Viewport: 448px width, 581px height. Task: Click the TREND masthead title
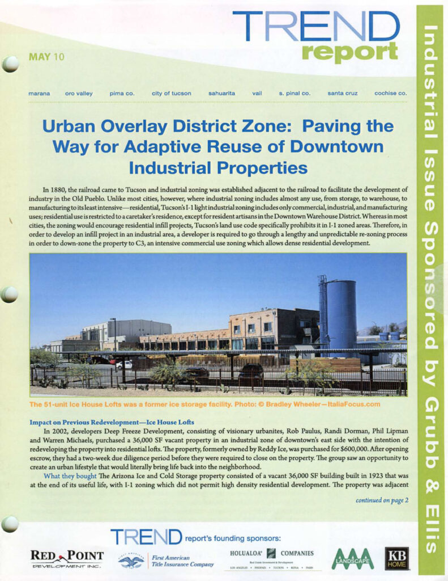[x=315, y=27]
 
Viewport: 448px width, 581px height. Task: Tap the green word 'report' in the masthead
[x=349, y=52]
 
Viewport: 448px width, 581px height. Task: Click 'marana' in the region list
[x=39, y=93]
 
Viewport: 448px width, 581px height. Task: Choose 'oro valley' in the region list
[x=79, y=93]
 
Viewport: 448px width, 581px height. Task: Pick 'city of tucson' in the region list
[x=171, y=93]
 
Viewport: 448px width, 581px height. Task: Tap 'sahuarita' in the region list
[x=222, y=93]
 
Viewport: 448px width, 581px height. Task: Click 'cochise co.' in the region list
[x=390, y=93]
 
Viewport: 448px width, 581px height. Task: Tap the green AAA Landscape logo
[x=352, y=559]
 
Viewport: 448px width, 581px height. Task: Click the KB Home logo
[x=396, y=558]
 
